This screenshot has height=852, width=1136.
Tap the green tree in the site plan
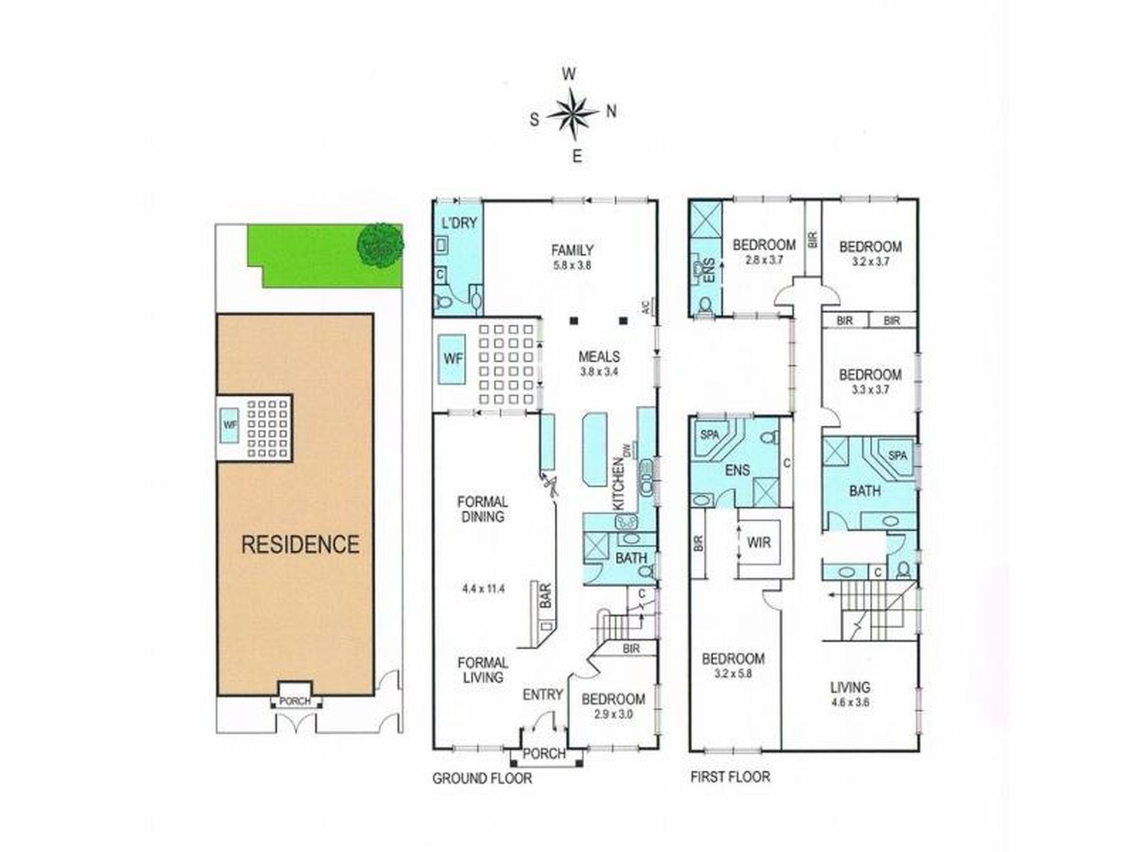pyautogui.click(x=380, y=244)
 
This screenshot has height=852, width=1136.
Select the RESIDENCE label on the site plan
pyautogui.click(x=300, y=544)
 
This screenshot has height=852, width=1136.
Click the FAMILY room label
pyautogui.click(x=572, y=250)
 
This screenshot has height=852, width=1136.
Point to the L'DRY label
pyautogui.click(x=459, y=223)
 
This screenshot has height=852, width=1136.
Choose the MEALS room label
pyautogui.click(x=599, y=356)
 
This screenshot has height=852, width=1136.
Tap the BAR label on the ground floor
pyautogui.click(x=546, y=596)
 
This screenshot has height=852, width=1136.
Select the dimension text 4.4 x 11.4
pyautogui.click(x=483, y=588)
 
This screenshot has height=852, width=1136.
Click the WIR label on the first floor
pyautogui.click(x=759, y=543)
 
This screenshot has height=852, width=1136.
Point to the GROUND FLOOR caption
pyautogui.click(x=482, y=778)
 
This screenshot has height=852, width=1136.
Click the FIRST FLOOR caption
pyautogui.click(x=730, y=777)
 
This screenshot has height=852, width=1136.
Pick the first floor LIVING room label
pyautogui.click(x=850, y=687)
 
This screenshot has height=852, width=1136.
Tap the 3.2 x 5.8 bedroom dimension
pyautogui.click(x=733, y=673)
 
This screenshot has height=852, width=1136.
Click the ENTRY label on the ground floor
pyautogui.click(x=543, y=694)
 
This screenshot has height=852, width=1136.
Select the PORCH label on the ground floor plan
pyautogui.click(x=544, y=754)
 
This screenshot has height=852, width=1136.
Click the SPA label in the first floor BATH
pyautogui.click(x=897, y=456)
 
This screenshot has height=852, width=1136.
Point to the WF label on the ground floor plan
pyautogui.click(x=453, y=359)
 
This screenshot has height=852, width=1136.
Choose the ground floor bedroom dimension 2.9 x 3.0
pyautogui.click(x=613, y=714)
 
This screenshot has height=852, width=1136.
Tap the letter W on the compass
pyautogui.click(x=569, y=74)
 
